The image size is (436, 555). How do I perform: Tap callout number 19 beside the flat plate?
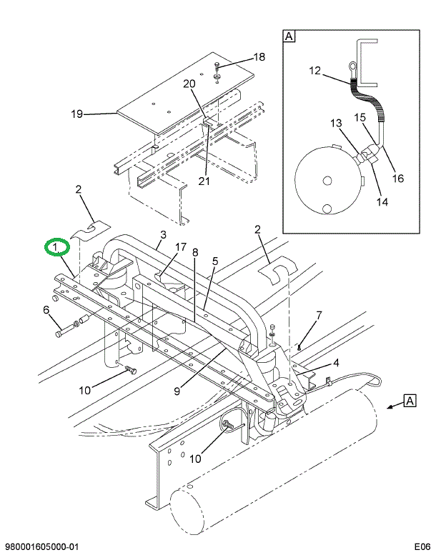pos(77,114)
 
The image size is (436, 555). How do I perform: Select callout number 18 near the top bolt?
pos(259,57)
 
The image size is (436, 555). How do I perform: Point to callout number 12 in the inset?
pos(316,70)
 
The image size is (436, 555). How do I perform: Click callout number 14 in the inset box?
pos(382,201)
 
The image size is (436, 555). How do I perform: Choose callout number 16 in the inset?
pos(398,178)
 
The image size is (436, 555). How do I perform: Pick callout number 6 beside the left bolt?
pos(46,309)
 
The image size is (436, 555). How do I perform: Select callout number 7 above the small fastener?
pos(319,315)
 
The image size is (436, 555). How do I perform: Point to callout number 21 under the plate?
pos(204,180)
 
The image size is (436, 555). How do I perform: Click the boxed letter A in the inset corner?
pos(289,36)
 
